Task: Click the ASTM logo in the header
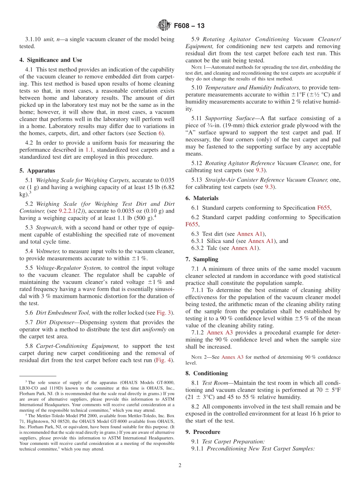click(x=164, y=25)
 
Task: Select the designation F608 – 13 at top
click(x=189, y=26)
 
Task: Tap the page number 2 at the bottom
click(x=180, y=465)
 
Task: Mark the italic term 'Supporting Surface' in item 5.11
click(x=230, y=118)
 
